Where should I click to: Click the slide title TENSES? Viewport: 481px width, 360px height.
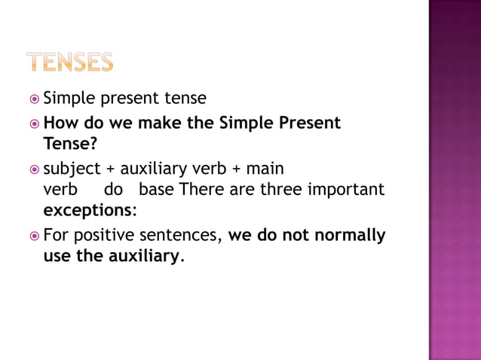(x=70, y=62)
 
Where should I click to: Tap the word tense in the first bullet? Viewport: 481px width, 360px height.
(x=186, y=99)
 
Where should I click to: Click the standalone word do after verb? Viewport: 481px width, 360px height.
(x=114, y=189)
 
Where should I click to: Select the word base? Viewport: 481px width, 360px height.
(x=156, y=189)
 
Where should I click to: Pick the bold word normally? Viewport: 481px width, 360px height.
(x=351, y=236)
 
